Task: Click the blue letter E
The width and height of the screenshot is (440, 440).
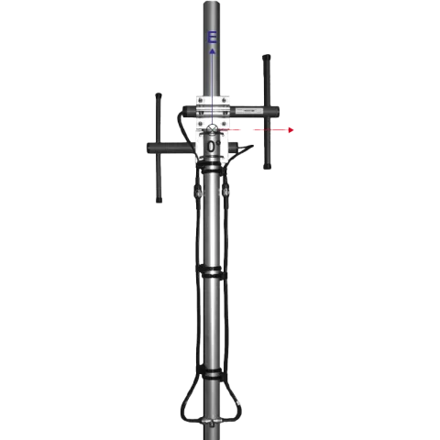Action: (213, 38)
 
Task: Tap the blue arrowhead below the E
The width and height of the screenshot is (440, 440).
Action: (213, 52)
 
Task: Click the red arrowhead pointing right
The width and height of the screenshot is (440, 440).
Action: (291, 131)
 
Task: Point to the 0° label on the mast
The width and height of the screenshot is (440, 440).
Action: (213, 146)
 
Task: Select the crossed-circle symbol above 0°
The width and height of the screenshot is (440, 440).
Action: (213, 128)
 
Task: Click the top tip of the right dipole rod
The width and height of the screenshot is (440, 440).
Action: (266, 58)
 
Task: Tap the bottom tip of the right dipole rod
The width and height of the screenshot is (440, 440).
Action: (266, 169)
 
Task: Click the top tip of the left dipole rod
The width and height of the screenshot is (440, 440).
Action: (159, 93)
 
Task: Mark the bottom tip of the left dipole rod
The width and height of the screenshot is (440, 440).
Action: (159, 202)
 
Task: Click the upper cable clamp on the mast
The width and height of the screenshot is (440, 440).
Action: (213, 272)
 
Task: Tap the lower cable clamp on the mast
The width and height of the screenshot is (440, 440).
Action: (213, 374)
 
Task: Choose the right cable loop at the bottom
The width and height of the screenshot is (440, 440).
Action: (235, 403)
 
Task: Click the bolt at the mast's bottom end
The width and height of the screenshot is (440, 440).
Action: (213, 423)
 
